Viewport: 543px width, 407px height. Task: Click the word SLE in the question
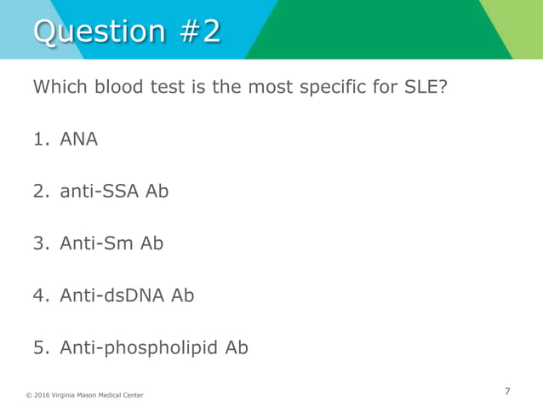click(426, 87)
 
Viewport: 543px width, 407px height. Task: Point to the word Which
click(60, 87)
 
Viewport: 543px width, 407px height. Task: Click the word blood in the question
click(125, 87)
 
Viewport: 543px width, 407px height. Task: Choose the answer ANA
click(78, 139)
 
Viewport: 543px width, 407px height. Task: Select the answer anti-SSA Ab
click(114, 191)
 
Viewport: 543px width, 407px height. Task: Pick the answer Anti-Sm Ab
click(111, 243)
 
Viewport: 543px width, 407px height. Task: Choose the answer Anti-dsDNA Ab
click(127, 295)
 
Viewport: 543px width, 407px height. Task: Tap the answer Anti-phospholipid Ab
click(154, 347)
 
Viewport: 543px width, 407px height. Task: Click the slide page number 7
click(507, 392)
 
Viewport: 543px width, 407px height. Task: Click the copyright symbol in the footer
click(28, 395)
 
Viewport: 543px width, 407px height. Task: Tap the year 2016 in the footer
click(42, 395)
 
